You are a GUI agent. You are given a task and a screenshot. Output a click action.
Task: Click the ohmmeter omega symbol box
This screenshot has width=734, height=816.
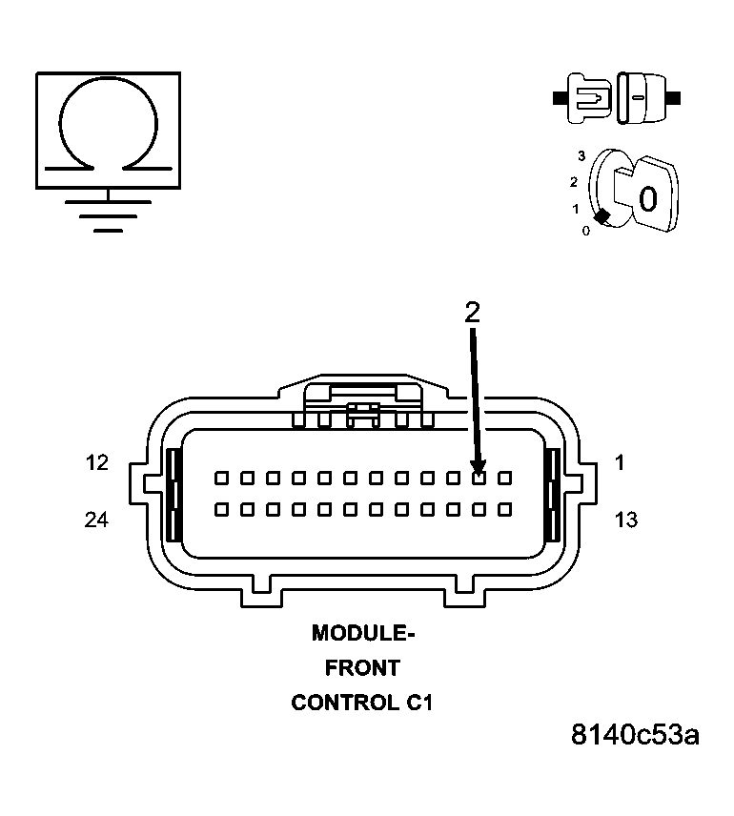[x=108, y=129]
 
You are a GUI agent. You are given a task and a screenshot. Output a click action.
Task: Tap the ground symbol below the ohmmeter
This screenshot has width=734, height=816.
[x=108, y=215]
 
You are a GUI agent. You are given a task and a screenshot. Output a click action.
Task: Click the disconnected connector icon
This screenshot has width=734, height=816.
[x=616, y=97]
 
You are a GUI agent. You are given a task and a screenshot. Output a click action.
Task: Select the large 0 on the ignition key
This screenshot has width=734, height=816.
[x=647, y=199]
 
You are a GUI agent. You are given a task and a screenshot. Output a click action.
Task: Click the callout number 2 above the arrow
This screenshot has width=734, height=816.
[x=472, y=312]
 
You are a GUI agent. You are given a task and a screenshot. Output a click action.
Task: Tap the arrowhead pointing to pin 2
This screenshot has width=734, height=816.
[x=478, y=466]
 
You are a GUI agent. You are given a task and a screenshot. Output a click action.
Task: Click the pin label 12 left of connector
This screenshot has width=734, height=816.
[x=96, y=463]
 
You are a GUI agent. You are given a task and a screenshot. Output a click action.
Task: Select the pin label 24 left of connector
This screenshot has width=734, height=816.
[x=96, y=520]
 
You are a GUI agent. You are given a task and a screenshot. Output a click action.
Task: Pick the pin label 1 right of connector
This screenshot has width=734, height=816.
[x=620, y=463]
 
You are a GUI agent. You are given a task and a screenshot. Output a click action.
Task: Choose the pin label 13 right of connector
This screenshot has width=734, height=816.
[x=626, y=520]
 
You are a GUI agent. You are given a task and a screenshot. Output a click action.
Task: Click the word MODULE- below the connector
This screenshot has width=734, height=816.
[x=363, y=633]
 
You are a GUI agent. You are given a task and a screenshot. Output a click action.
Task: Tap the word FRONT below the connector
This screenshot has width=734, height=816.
[x=363, y=668]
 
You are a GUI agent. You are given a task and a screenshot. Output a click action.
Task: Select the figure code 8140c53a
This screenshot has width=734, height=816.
[x=635, y=735]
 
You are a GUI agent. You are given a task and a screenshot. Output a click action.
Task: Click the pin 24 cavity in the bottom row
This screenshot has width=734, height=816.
[x=221, y=509]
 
